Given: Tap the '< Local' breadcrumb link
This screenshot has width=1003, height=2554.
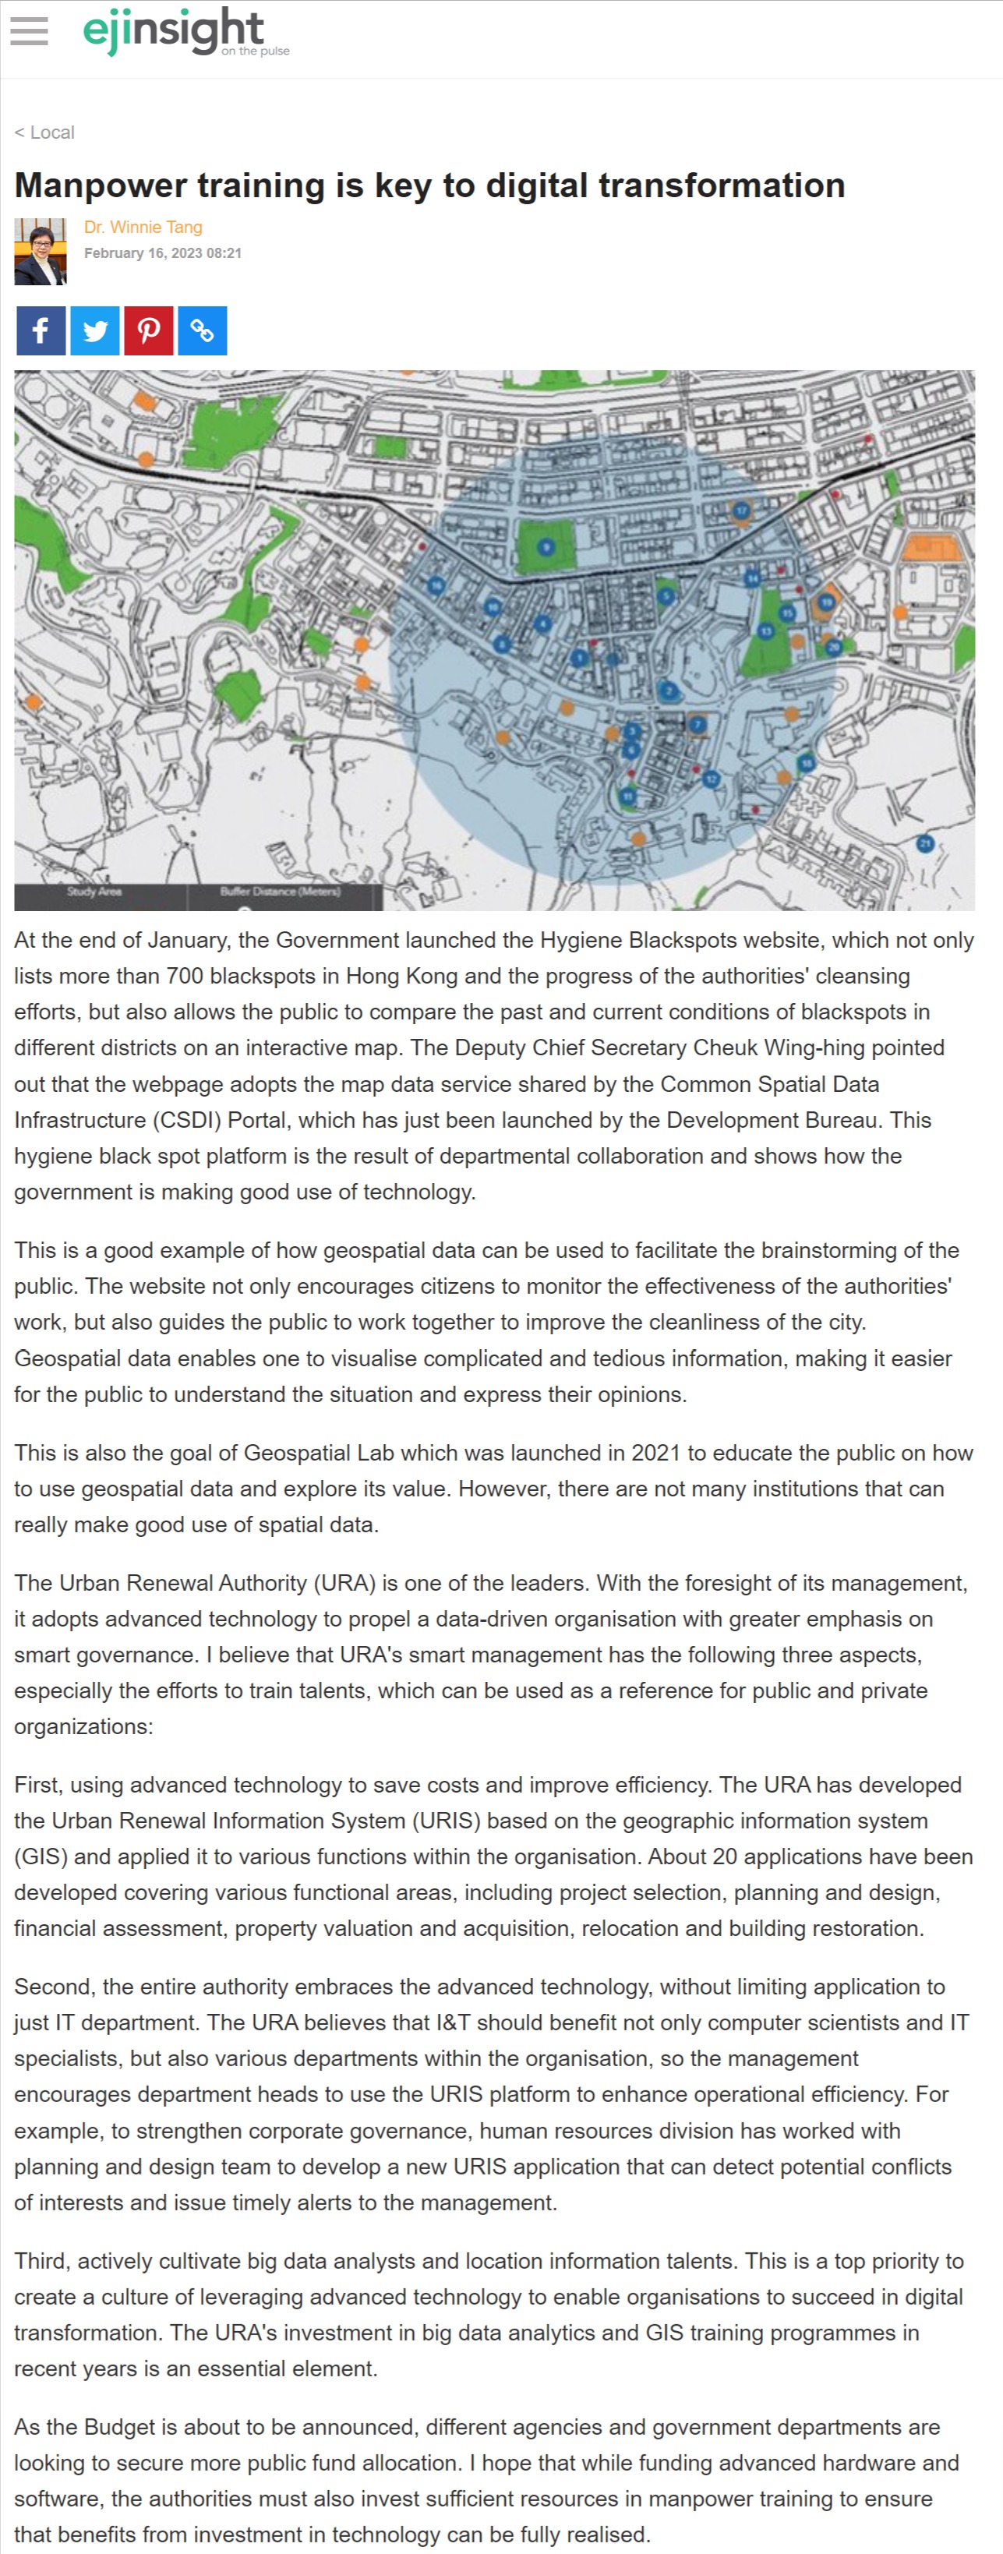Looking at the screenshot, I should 44,132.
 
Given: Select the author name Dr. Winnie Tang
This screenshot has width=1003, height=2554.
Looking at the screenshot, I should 143,227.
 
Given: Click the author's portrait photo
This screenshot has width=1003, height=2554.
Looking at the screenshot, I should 40,252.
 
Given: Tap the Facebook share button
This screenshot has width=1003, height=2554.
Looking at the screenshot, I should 41,331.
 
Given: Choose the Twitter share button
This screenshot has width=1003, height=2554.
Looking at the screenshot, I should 95,331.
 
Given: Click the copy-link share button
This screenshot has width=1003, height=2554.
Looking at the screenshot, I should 202,331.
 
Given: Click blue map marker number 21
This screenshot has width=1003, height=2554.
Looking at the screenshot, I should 925,844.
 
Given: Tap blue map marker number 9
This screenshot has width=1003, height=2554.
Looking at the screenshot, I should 545,546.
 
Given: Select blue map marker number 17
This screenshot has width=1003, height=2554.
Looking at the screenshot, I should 740,510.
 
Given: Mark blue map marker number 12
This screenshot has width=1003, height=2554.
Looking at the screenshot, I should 711,779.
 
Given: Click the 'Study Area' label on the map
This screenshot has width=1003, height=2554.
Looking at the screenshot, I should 94,892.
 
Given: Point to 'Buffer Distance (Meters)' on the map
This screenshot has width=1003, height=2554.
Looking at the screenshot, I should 280,892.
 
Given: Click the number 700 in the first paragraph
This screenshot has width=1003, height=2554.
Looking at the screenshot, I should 185,977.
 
